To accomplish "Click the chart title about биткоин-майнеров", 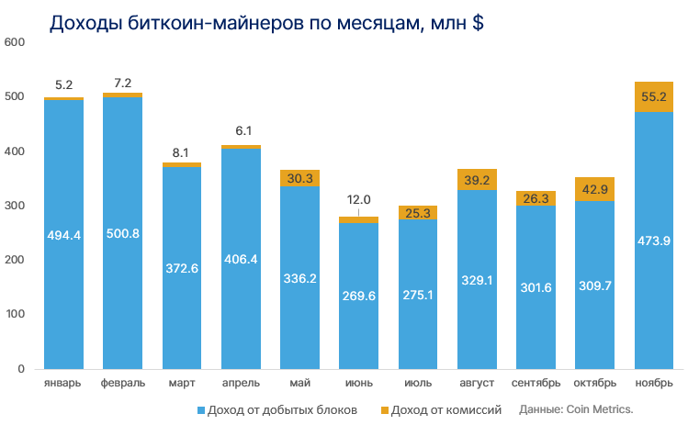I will point(266,24).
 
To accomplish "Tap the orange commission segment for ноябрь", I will point(654,96).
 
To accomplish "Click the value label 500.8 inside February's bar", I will point(123,234).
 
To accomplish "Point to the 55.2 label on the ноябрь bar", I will point(654,95).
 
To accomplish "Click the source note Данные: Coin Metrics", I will point(577,409).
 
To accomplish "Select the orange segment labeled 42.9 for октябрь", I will point(594,189).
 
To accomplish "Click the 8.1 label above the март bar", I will point(182,153).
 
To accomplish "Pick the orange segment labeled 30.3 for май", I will point(299,178).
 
